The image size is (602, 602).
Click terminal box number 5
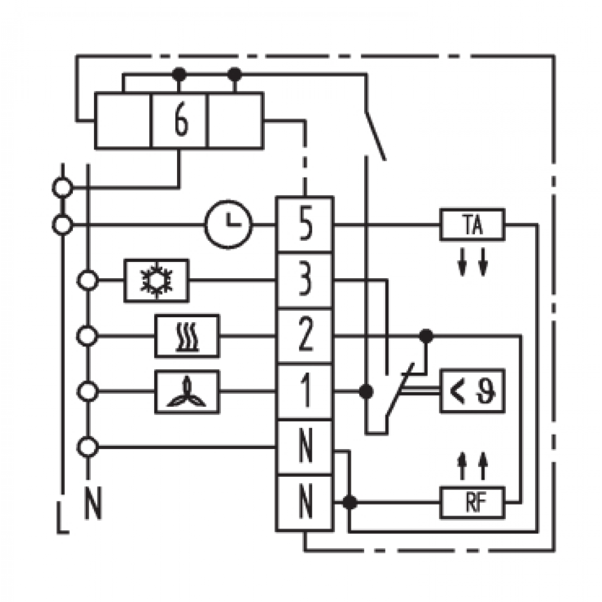tap(305, 225)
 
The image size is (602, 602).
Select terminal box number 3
tap(305, 281)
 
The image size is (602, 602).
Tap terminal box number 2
tap(305, 337)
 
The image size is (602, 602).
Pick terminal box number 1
tap(305, 392)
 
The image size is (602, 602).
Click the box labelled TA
tap(472, 225)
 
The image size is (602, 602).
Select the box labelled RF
tap(472, 502)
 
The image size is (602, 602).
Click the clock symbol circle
tap(229, 225)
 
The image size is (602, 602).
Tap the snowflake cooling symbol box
tap(157, 281)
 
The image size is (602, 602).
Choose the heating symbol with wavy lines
tap(187, 337)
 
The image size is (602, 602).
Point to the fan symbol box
tap(187, 392)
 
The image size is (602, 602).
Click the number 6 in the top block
tap(181, 120)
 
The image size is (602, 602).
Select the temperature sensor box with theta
tap(472, 391)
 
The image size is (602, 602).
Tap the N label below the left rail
tap(93, 503)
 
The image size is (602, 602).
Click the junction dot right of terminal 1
tap(366, 392)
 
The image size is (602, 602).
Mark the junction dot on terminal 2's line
tap(426, 337)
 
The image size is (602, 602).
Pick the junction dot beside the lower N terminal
tap(349, 502)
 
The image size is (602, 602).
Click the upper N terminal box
tap(305, 448)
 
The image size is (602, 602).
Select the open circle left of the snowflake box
tap(88, 281)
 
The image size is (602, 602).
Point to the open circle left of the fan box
tap(88, 392)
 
